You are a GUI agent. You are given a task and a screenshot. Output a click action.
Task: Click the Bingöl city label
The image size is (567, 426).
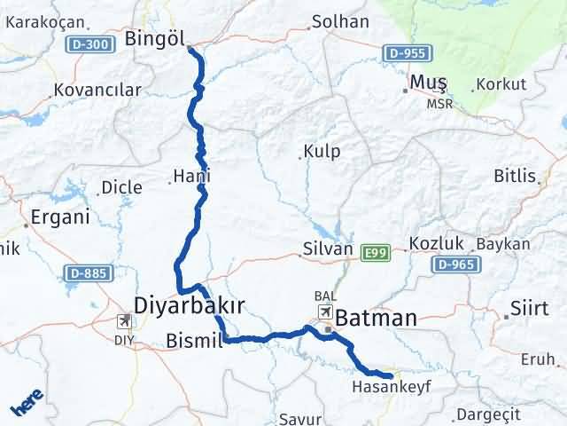click(x=154, y=38)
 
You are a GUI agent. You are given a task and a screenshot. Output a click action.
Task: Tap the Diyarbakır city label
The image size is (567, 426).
click(x=189, y=305)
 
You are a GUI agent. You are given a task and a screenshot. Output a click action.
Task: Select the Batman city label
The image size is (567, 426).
click(x=375, y=317)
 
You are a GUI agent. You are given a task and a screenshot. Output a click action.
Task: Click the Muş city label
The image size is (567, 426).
click(x=427, y=83)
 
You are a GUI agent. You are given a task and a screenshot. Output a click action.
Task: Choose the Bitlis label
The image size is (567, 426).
click(x=516, y=175)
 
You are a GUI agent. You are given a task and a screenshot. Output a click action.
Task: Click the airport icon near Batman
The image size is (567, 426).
click(x=326, y=312)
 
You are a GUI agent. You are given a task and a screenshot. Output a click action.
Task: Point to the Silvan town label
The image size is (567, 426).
click(x=327, y=251)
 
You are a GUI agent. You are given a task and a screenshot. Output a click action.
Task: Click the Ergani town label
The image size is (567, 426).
click(x=60, y=217)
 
